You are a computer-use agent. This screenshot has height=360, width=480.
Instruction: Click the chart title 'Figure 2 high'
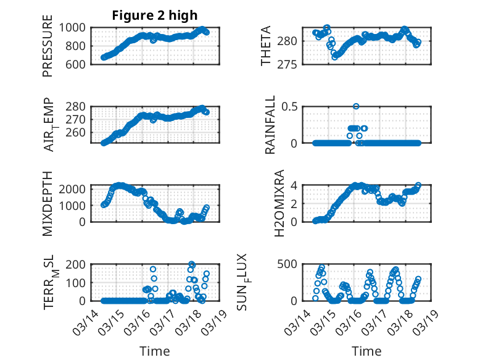tap(155, 16)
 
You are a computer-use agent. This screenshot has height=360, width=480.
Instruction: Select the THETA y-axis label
tap(266, 46)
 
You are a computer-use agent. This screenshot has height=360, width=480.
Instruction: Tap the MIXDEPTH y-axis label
tap(48, 203)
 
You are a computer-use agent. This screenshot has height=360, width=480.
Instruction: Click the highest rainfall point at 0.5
tap(356, 106)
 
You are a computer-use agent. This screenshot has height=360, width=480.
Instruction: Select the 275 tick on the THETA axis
tap(292, 64)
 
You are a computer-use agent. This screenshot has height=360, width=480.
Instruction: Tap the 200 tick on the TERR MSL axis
tap(77, 264)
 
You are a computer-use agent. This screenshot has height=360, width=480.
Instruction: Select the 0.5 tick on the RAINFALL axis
tap(289, 106)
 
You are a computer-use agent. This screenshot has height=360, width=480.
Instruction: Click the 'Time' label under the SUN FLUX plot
tap(366, 351)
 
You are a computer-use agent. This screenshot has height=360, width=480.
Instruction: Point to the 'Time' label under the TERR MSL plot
tap(155, 351)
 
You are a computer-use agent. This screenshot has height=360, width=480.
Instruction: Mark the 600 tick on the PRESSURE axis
tap(77, 64)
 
